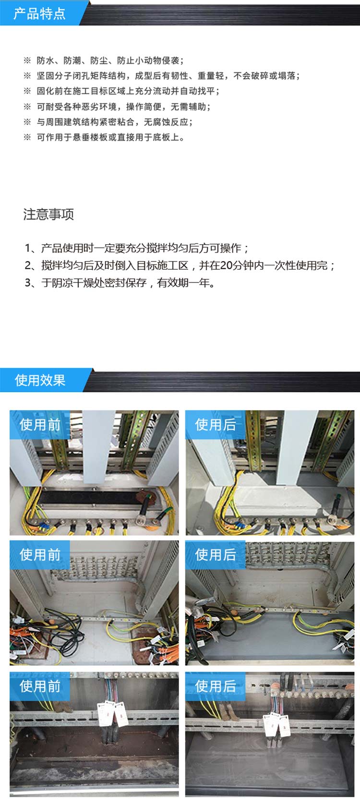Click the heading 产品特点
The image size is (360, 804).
(39, 13)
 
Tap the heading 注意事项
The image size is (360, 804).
(48, 214)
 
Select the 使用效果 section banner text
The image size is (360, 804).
(40, 380)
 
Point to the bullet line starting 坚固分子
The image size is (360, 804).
(161, 76)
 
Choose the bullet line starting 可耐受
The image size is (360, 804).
(117, 107)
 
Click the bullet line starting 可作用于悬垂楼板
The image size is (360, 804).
(104, 137)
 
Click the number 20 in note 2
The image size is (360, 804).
(227, 265)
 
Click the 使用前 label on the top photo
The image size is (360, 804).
(40, 425)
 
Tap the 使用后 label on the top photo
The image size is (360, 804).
(216, 425)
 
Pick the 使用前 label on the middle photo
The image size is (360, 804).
(40, 554)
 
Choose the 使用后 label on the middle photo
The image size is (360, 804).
(216, 554)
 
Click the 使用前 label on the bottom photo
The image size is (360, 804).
(40, 686)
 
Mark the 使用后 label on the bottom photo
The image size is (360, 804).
(216, 686)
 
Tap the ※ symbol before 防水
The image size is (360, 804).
(27, 60)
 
